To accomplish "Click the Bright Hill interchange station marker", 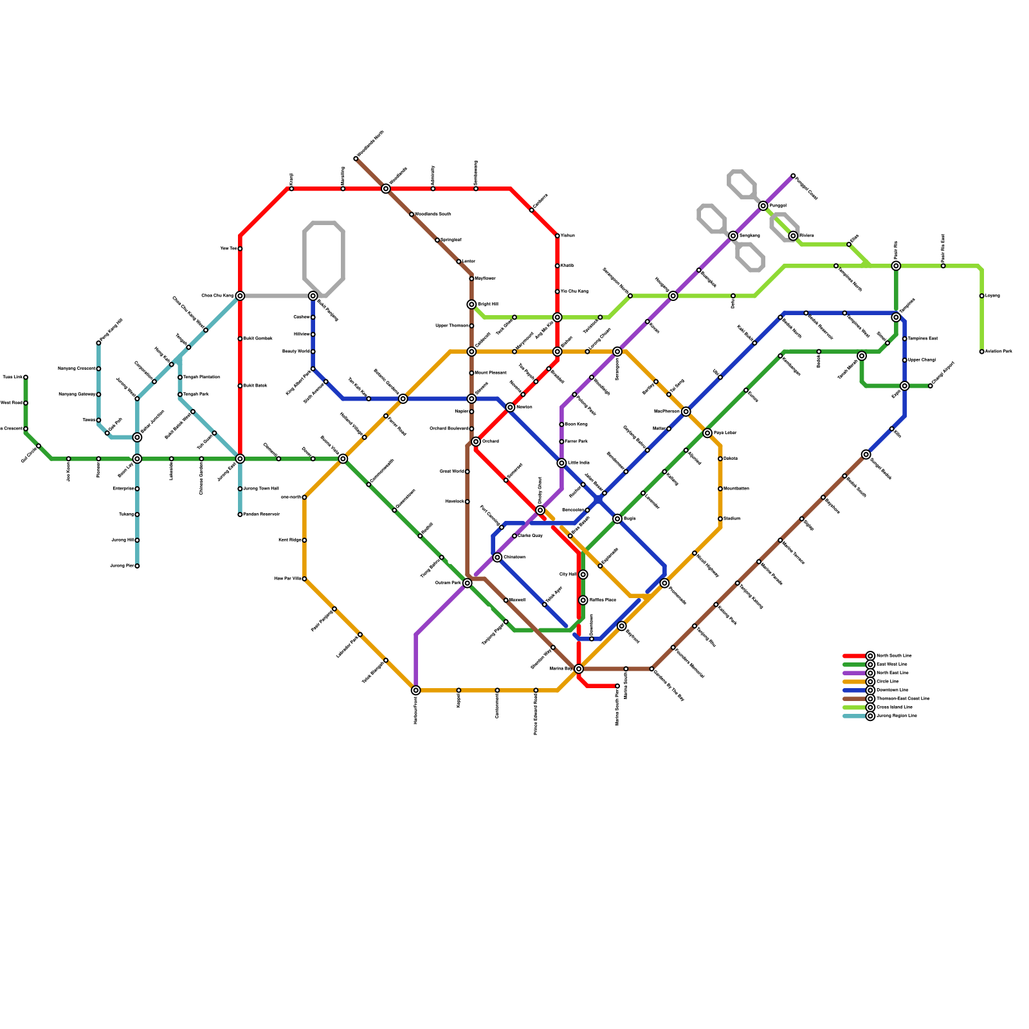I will point(471,304).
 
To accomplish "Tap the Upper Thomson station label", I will point(452,326).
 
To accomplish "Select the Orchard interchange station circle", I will point(476,442).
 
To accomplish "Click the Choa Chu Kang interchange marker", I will point(240,296).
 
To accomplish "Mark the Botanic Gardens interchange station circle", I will point(403,399).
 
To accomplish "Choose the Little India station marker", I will point(561,463).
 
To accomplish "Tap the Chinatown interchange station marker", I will point(497,558).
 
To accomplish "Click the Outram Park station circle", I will point(468,583).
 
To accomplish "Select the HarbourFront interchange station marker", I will point(416,690).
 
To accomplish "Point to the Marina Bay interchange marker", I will point(579,669).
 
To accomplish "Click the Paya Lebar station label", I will point(725,433).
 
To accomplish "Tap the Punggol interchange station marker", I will point(763,206).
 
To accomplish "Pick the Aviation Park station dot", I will point(982,352).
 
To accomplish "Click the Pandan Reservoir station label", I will point(261,514).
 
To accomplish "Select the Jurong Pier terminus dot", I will point(137,566).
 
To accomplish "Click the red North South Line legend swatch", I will point(854,656).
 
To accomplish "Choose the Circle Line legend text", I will point(888,682).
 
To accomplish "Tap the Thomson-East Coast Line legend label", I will point(902,698).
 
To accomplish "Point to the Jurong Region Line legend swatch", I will point(854,716).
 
